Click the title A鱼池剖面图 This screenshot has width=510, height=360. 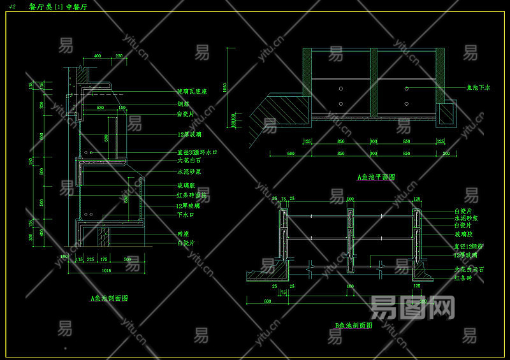[x=110, y=298]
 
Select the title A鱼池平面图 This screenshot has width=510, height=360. [x=376, y=177]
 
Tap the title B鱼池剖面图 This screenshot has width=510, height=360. [x=354, y=326]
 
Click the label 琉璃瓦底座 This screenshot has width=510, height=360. [x=192, y=92]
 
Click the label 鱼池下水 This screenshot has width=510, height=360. [x=478, y=87]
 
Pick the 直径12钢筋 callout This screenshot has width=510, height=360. [x=469, y=245]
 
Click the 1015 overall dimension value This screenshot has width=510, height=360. [x=107, y=270]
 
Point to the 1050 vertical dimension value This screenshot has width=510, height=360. [x=224, y=87]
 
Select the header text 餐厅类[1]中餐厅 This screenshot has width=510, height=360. [x=59, y=6]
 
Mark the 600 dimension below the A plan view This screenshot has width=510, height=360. [x=291, y=154]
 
